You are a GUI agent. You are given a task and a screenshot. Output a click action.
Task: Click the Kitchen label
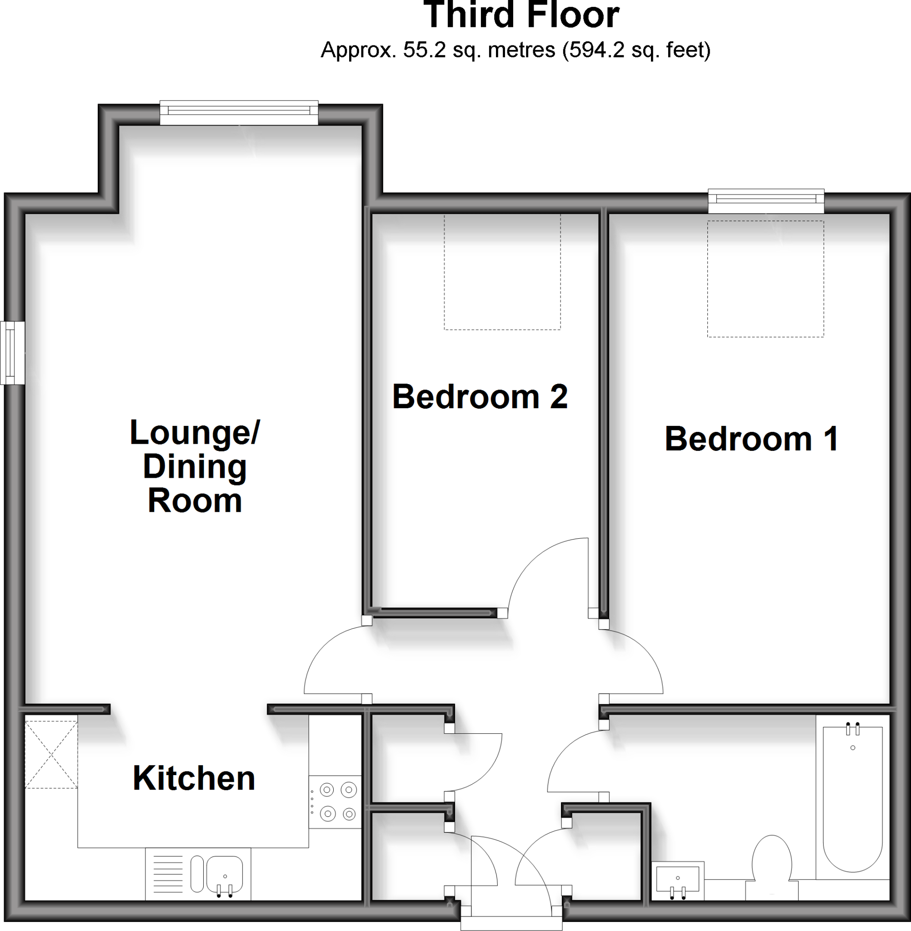194,778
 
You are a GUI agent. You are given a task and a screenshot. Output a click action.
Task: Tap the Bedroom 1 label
751,439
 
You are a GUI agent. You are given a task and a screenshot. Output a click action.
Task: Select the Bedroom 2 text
480,396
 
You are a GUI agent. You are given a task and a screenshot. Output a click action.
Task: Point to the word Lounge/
195,432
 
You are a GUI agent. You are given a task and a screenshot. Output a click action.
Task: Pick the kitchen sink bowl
225,874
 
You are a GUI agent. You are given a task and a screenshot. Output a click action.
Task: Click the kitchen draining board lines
168,874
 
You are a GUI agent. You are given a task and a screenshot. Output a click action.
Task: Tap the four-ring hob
338,802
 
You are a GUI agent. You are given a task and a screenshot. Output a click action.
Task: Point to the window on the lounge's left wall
12,353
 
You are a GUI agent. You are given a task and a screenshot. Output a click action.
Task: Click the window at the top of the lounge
239,112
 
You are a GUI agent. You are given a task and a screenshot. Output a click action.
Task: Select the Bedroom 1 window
766,201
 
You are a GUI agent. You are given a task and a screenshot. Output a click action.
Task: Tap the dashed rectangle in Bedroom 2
502,272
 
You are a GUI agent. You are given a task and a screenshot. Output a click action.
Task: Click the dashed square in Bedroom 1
766,279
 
